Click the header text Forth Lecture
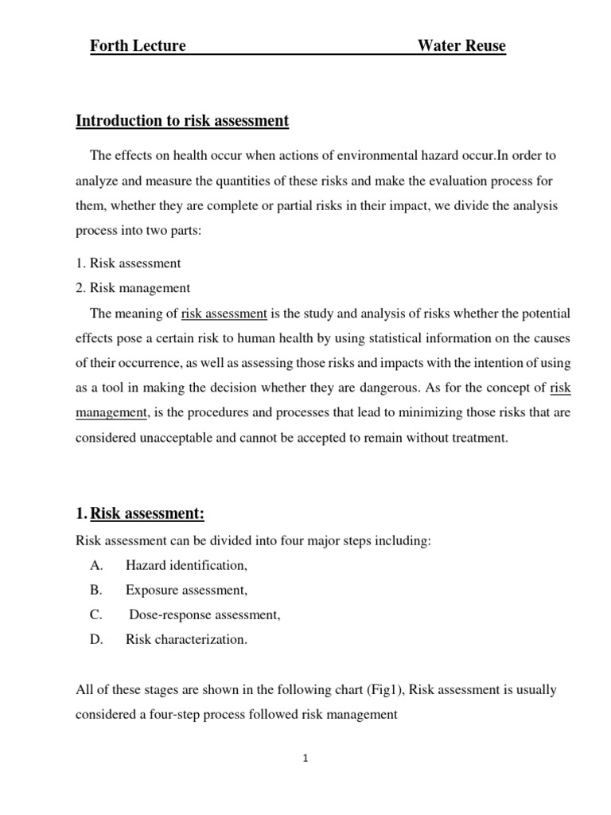tap(138, 46)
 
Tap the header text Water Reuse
tap(461, 46)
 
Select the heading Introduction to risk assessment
tap(182, 121)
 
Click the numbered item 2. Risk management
tap(133, 288)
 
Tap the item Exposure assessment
tap(186, 591)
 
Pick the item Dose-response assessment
tap(204, 615)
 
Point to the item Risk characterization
tap(186, 640)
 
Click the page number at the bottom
tap(305, 758)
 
